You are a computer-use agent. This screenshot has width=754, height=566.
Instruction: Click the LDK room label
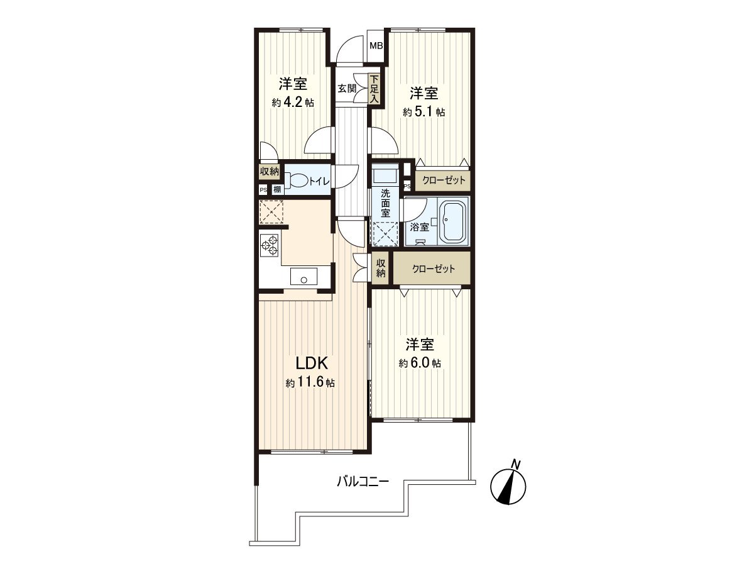point(309,363)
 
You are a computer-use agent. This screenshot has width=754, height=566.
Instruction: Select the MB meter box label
point(376,45)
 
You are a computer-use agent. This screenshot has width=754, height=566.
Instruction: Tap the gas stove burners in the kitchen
point(270,245)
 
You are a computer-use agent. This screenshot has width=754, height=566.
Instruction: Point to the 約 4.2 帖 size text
point(293,102)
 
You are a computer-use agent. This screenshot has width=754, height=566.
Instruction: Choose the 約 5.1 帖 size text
point(424,113)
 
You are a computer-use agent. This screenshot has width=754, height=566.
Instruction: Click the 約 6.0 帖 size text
point(419,363)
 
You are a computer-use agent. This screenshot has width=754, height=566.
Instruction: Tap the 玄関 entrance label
point(346,89)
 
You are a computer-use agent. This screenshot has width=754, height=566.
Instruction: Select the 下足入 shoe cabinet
point(374,89)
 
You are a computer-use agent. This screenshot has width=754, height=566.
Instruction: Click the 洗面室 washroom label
point(385,203)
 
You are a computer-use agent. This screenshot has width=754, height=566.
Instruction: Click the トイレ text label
point(321,182)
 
